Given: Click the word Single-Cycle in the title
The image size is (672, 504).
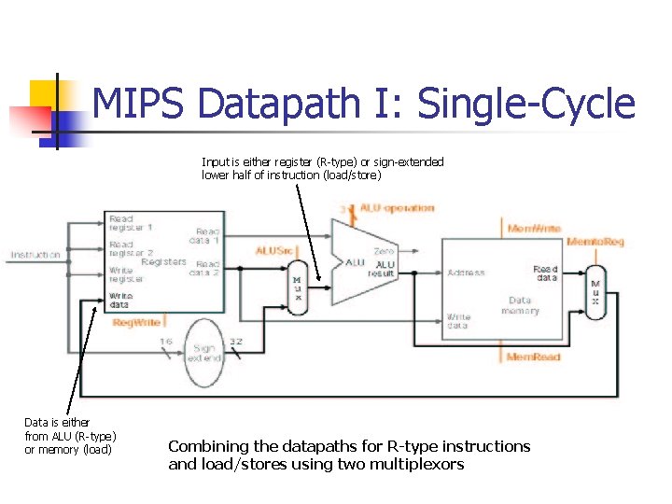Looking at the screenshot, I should (x=525, y=105).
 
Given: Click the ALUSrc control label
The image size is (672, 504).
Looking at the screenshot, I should (x=274, y=251).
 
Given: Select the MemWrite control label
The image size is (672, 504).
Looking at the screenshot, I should (x=534, y=229).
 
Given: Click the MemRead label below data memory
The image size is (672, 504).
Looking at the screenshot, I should (x=533, y=357).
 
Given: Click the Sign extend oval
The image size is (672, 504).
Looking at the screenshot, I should (x=204, y=352).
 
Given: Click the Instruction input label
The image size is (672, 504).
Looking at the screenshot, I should (x=36, y=255).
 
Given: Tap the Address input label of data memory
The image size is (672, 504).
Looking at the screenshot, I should (x=466, y=273).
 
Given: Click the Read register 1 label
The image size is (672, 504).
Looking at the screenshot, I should (x=131, y=223).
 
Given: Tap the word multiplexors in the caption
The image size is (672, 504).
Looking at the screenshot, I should (x=418, y=464).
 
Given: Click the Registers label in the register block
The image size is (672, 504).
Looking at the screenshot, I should (x=164, y=262).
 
